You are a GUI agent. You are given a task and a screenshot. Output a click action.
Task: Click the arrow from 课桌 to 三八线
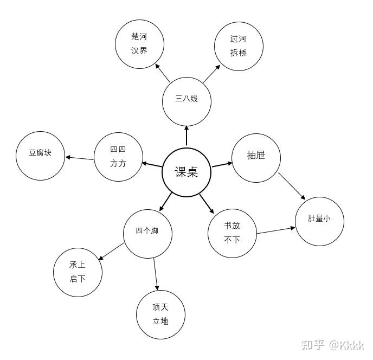pos(186,136)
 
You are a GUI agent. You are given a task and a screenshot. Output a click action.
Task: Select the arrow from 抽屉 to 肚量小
pos(292,187)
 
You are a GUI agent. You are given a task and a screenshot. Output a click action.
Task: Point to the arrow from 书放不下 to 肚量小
pos(276,230)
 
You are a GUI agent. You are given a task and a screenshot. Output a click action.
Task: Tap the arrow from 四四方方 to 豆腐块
pos(80,158)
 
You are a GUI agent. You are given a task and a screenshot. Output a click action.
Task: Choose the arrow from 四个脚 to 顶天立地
pos(156,274)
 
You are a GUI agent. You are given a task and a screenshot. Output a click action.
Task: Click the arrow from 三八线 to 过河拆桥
pos(211,74)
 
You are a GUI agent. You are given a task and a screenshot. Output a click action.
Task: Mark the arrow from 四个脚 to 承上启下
pos(111,252)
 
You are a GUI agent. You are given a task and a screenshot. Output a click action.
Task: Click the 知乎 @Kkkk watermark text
pos(333,345)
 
